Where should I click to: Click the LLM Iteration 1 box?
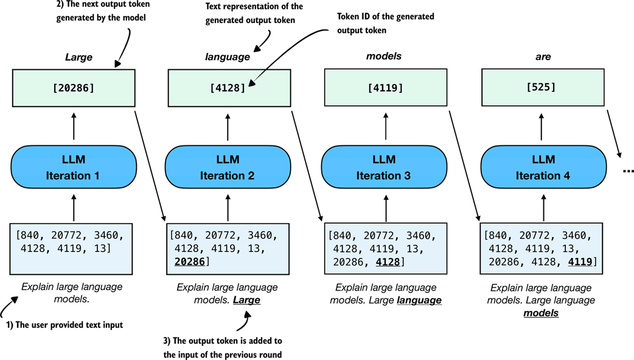73,167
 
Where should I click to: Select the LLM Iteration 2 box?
227,167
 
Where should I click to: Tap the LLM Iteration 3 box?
383,167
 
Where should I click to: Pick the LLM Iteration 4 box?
543,167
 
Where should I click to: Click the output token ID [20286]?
73,88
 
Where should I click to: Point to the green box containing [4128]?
227,88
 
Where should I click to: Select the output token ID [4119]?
383,88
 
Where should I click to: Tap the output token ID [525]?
543,87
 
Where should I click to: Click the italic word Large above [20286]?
78,57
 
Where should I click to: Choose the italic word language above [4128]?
227,57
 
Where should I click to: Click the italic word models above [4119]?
383,57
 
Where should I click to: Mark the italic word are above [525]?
543,57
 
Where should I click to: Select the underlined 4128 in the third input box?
388,261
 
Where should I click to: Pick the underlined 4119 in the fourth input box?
580,261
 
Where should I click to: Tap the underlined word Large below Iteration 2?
246,300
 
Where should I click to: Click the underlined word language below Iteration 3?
419,300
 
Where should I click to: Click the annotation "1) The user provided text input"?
64,325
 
